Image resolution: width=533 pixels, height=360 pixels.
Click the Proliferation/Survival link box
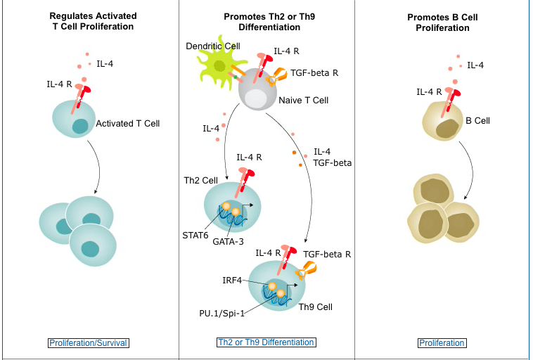point(89,343)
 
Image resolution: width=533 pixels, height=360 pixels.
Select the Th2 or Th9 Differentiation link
point(266,342)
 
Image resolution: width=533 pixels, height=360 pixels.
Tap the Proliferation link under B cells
point(442,343)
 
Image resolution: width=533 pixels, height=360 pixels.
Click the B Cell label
point(477,121)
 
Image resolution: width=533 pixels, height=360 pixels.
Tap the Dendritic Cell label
point(212,46)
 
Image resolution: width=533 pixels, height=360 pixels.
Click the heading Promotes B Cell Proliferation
point(442,22)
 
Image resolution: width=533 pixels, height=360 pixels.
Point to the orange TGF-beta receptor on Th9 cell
point(307,271)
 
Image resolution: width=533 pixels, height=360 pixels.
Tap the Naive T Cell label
point(303,101)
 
